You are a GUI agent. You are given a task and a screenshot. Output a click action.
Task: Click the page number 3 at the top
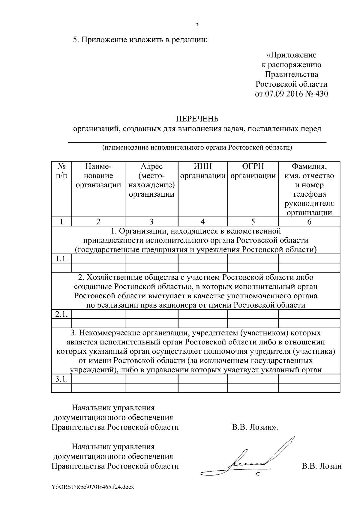coord(197,25)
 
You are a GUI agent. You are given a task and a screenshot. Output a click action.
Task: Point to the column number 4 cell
coord(202,222)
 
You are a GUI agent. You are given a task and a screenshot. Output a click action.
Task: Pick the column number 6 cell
coord(309,222)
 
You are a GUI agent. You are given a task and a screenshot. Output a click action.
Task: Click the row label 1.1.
coord(61,259)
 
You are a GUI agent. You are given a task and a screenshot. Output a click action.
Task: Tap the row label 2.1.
coord(61,314)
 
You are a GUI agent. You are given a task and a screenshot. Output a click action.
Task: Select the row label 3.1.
coord(61,379)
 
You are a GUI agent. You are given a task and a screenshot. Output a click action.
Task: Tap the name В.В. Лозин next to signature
coord(322,466)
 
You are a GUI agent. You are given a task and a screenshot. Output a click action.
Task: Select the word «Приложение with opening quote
coord(291,55)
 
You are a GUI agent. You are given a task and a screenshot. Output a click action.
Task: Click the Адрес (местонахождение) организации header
coord(151,180)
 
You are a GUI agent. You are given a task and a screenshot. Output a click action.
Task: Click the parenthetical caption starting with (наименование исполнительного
coord(197,147)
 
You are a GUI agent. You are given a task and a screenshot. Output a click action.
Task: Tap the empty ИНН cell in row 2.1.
coord(202,314)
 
